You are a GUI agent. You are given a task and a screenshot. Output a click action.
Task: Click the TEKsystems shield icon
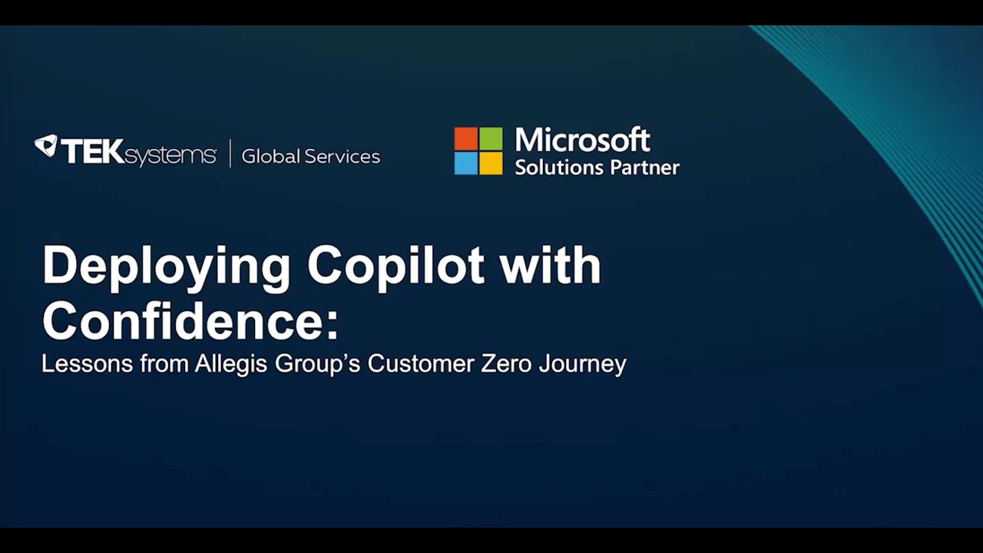(46, 146)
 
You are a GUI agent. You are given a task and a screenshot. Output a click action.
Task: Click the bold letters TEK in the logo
(92, 152)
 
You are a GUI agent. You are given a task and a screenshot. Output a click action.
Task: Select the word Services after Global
(341, 157)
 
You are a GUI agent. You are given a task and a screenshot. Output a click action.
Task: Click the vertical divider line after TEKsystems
(230, 154)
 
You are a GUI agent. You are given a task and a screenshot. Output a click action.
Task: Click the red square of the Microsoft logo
(466, 138)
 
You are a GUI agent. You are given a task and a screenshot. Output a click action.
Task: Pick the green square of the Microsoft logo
(491, 138)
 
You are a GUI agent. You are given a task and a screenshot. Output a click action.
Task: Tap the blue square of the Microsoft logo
(466, 163)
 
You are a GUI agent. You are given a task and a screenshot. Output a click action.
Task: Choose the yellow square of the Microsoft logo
(491, 163)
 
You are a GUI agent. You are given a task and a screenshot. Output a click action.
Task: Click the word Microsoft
(582, 141)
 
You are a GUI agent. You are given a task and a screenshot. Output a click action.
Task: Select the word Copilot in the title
(396, 266)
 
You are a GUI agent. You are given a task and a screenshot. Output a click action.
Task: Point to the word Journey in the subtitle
(583, 364)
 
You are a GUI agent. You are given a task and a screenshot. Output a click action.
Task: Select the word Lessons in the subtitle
(87, 363)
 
